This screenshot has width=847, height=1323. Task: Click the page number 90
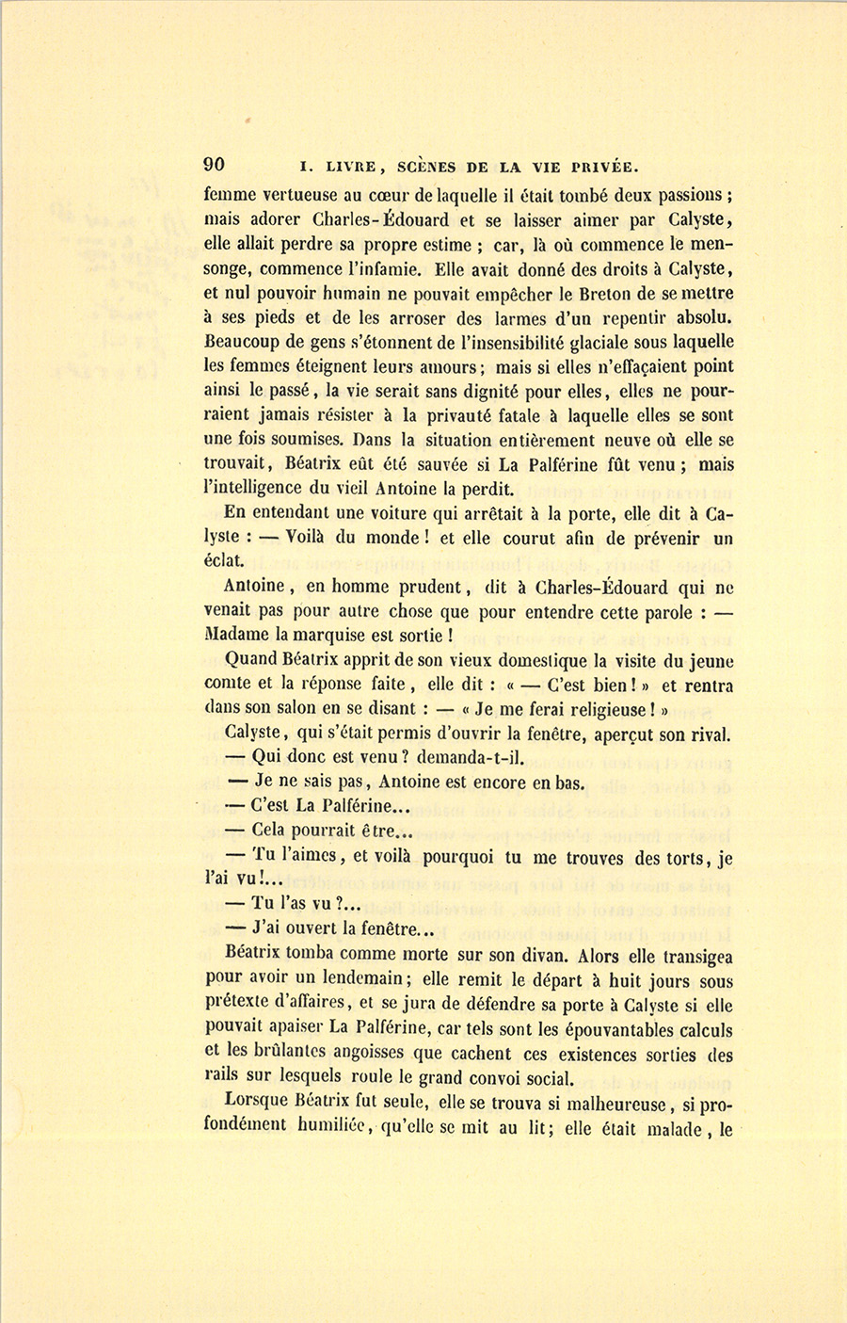click(x=215, y=164)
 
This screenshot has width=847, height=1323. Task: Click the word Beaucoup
click(x=247, y=343)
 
